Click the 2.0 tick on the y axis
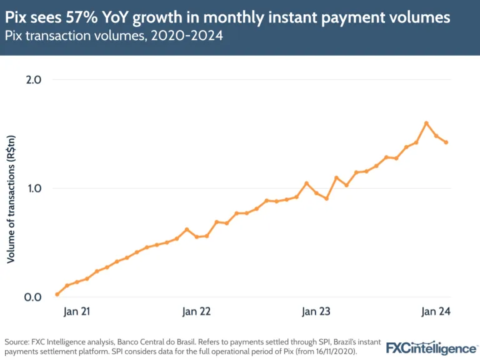coord(32,80)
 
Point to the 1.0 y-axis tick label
coord(32,188)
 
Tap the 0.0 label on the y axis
coord(32,297)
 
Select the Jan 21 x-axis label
coord(75,312)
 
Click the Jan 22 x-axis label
coord(196,312)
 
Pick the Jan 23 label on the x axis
coord(317,312)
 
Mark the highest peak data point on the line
coord(426,123)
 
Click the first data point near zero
coord(57,294)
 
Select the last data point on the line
coord(446,142)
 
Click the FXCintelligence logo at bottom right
coord(431,348)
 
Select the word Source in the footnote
coord(17,342)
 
